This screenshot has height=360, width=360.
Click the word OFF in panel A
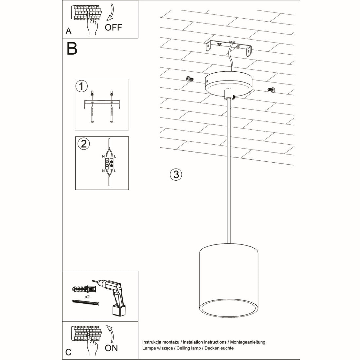[x=113, y=27]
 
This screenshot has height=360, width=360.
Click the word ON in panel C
[x=111, y=348]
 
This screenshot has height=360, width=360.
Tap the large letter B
[x=72, y=48]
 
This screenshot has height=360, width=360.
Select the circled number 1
[x=81, y=86]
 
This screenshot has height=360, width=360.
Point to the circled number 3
[x=176, y=174]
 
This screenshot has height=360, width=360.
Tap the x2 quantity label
[x=87, y=297]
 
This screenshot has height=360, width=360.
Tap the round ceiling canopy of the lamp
[x=229, y=84]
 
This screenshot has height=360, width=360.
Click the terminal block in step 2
[x=109, y=164]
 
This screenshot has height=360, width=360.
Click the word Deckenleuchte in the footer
[x=219, y=348]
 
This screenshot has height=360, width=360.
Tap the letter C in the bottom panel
[x=68, y=352]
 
